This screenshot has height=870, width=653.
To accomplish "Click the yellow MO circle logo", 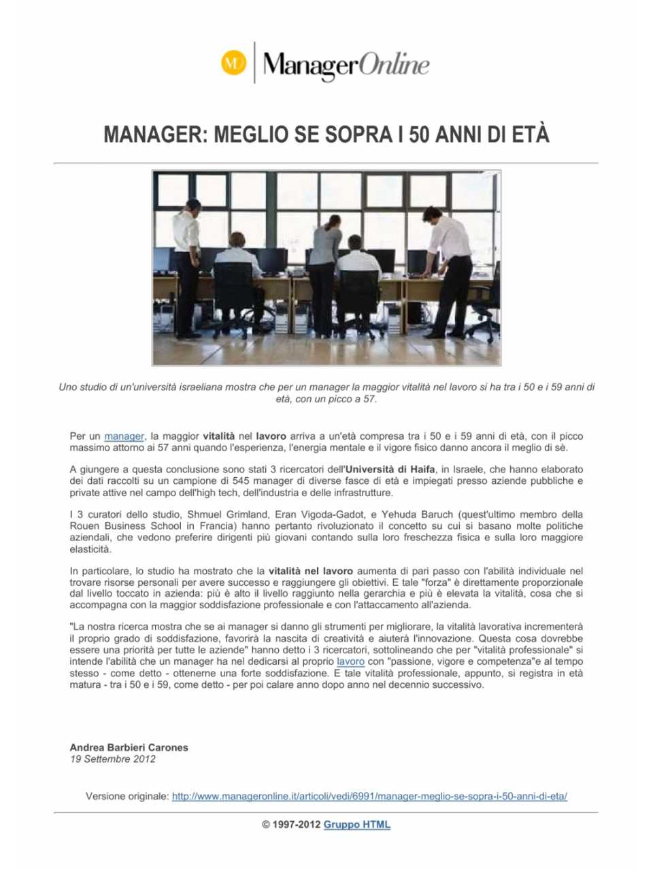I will click(x=233, y=63).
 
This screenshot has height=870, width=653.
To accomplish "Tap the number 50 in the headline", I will click(x=419, y=135).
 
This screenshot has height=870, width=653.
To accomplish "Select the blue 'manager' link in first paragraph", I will click(x=124, y=436).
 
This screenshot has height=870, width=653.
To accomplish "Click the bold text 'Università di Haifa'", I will click(x=391, y=470).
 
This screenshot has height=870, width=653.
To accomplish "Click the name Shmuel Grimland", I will click(x=228, y=515).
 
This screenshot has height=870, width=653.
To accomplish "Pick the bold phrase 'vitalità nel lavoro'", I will click(x=311, y=572).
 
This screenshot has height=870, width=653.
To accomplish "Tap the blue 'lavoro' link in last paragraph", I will click(x=350, y=661).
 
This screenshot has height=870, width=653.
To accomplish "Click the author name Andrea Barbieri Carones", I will click(x=129, y=748).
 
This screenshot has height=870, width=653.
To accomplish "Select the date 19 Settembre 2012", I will click(x=113, y=759).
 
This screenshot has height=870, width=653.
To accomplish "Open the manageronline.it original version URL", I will click(x=369, y=797).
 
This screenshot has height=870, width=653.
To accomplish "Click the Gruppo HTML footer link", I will click(x=357, y=825).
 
